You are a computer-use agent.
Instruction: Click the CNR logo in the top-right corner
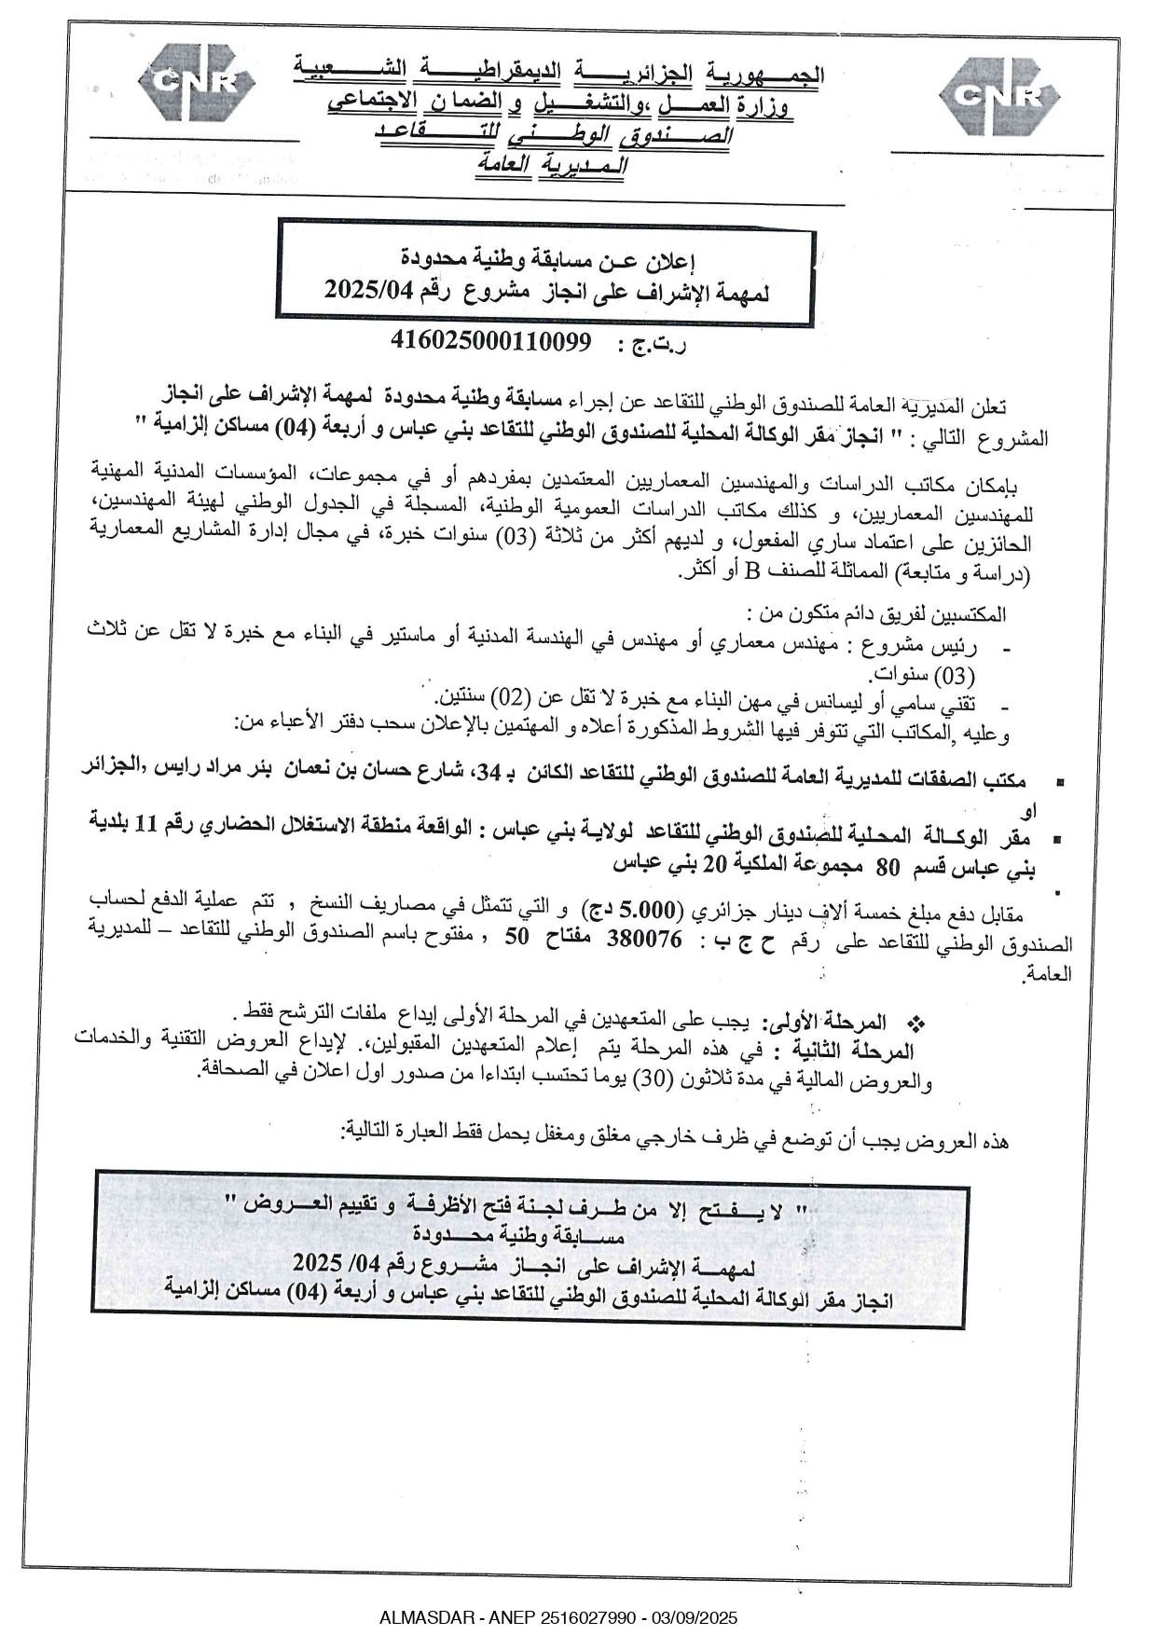click(997, 94)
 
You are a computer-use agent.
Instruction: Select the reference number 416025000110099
click(491, 342)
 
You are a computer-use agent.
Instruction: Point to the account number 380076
click(644, 939)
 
